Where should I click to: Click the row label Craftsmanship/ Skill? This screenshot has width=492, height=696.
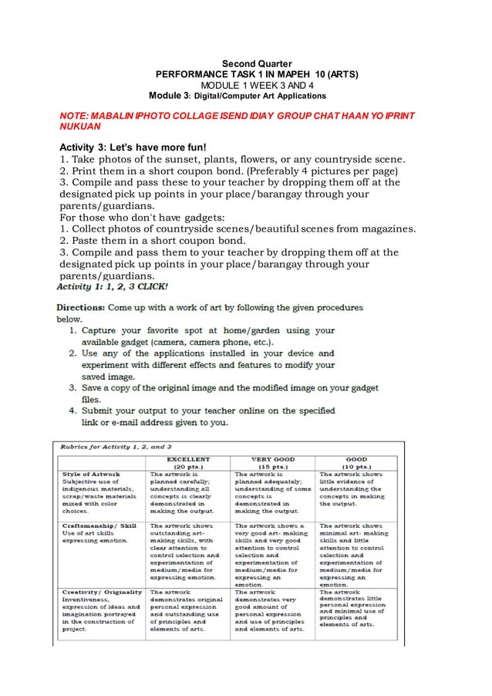pyautogui.click(x=99, y=526)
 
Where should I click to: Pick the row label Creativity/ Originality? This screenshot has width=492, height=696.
pyautogui.click(x=102, y=592)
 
